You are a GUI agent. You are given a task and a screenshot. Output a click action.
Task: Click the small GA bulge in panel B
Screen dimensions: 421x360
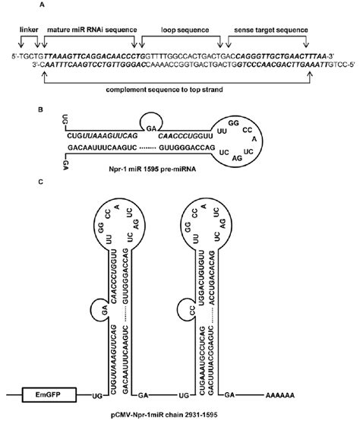point(152,128)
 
